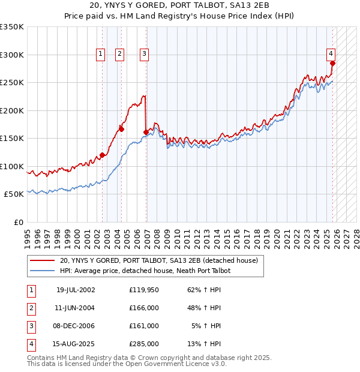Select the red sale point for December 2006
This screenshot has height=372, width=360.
146,132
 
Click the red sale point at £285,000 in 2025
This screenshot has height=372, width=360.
332,63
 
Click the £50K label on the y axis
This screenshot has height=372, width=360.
14,194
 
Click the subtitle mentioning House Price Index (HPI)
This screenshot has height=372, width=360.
179,16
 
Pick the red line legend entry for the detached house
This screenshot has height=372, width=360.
158,260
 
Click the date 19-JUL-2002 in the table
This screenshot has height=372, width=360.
76,290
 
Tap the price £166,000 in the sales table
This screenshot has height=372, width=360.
144,308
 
